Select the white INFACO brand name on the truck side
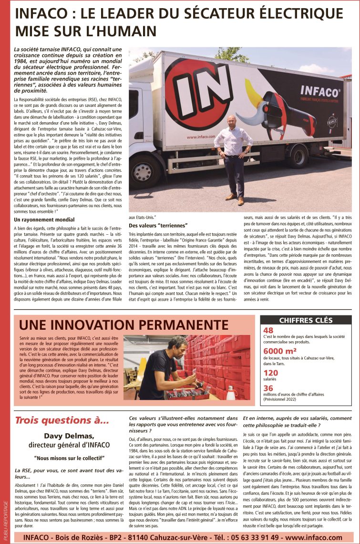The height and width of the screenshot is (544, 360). coord(320,91)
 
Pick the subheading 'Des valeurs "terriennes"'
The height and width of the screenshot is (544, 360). coord(158,225)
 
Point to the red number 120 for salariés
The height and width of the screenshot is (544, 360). coord(270,373)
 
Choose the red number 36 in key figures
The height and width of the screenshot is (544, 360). coord(268,388)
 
